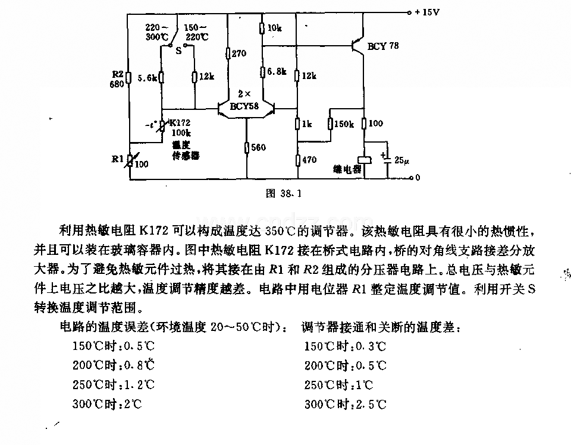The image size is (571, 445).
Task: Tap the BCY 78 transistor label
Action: click(x=382, y=46)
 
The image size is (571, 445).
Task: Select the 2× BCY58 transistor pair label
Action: click(x=244, y=100)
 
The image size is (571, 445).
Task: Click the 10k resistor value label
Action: click(x=275, y=28)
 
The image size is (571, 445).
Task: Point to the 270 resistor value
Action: click(x=239, y=53)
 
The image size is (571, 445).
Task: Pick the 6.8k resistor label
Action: click(x=277, y=71)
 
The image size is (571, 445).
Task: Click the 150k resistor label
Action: click(x=344, y=124)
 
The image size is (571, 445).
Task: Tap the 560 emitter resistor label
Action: click(x=258, y=147)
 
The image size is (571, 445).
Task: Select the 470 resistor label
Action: click(x=309, y=159)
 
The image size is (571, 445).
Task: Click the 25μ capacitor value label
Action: click(x=401, y=160)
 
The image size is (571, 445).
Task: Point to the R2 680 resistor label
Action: click(x=117, y=80)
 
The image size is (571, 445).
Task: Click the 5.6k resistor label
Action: click(x=147, y=78)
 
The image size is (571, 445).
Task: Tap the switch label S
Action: click(x=178, y=51)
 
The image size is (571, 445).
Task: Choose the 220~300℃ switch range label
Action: click(x=157, y=32)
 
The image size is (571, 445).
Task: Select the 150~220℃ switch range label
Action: click(x=196, y=32)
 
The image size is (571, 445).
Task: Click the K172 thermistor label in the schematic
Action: click(x=180, y=122)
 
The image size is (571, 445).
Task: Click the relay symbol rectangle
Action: click(x=365, y=160)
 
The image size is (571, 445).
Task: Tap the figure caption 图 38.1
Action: click(x=284, y=193)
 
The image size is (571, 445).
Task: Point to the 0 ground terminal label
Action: click(x=418, y=178)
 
